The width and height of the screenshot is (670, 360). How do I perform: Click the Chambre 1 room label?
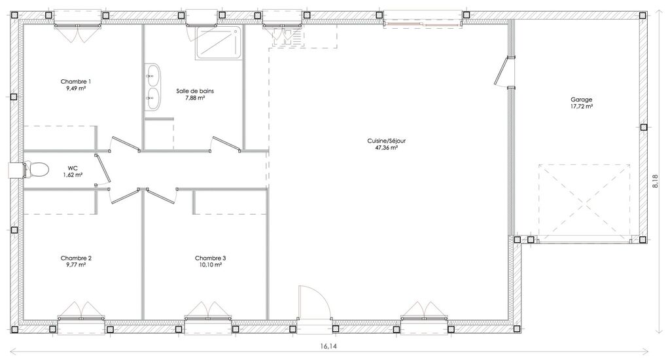click(x=76, y=81)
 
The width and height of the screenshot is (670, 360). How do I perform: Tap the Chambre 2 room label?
click(x=76, y=258)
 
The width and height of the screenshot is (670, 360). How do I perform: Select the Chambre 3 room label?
click(x=210, y=258)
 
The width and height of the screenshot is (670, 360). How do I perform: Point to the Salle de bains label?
click(x=195, y=90)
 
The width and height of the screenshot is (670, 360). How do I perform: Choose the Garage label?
click(x=582, y=99)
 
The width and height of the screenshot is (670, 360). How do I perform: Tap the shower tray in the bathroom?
click(x=219, y=42)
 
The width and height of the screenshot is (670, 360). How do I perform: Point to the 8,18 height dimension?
click(x=656, y=181)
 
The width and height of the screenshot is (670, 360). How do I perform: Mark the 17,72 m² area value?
click(x=582, y=106)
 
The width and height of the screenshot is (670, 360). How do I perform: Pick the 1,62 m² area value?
click(x=73, y=175)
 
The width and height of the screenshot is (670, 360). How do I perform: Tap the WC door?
click(x=103, y=170)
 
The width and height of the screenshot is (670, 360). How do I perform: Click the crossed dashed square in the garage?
click(x=584, y=203)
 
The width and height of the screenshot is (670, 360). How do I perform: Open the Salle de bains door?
click(x=226, y=144)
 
